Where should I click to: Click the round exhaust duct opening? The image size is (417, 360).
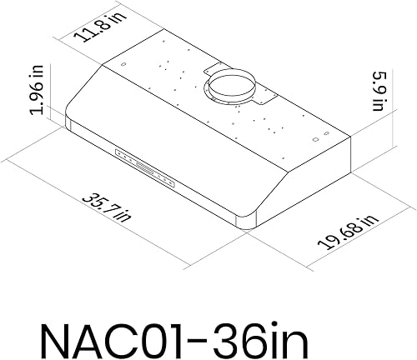(231, 85)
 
